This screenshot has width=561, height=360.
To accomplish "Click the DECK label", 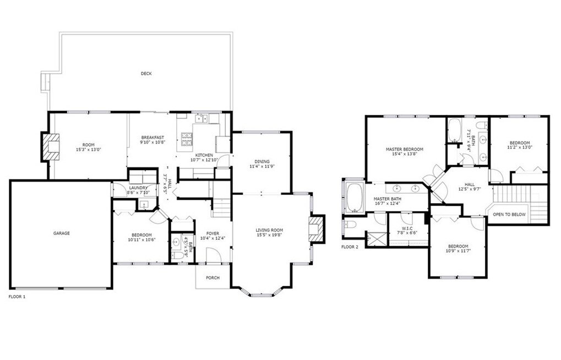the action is coord(146,74).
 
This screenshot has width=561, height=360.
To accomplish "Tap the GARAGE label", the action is coord(62,233).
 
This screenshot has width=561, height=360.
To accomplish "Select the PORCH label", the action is coord(213,277).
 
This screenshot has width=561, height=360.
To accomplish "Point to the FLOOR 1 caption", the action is coord(17,297).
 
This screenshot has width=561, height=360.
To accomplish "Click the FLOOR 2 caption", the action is coord(350,247).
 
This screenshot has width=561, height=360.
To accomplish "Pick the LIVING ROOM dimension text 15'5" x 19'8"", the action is coord(269,235).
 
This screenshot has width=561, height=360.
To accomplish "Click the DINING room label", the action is coord(262,161).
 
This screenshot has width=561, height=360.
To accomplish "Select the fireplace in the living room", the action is coord(316,230).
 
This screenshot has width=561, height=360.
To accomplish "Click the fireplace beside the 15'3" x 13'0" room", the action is coord(50,146).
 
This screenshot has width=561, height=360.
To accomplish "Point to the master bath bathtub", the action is coord(354,198).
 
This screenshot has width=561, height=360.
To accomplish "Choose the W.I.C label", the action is coord(407,228).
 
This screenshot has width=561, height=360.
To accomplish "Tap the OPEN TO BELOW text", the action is coord(509,214).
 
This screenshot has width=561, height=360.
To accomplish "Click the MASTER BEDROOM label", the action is coord(404,149).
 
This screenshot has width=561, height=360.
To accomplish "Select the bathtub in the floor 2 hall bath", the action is coord(455,130).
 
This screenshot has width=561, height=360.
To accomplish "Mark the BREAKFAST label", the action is coord(152,138).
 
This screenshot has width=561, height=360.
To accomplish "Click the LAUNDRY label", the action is coord(138,188).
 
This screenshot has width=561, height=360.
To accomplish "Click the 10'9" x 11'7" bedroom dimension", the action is coord(458,251).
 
